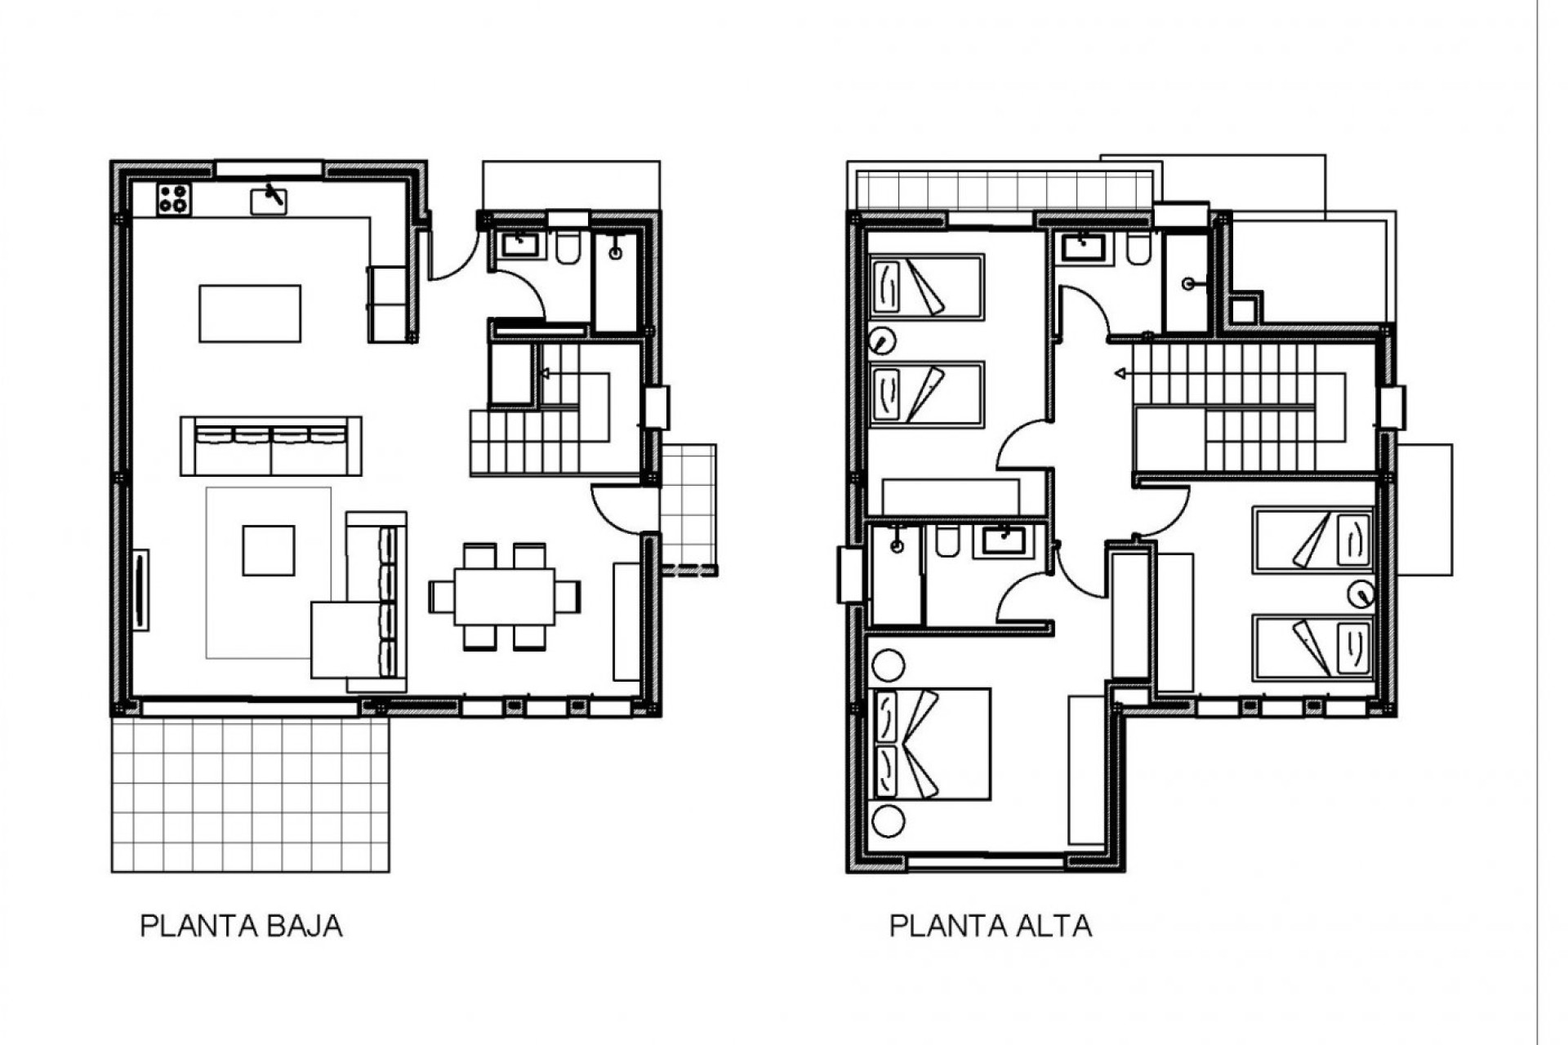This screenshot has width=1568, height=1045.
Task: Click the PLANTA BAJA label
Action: point(241,927)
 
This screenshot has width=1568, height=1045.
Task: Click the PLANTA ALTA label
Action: point(990,927)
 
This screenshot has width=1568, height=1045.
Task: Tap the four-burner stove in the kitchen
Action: point(173,199)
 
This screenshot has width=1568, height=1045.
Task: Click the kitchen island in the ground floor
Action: point(250,313)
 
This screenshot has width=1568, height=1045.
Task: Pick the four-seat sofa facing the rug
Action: point(271,445)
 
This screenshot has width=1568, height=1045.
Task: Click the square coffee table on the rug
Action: point(268,550)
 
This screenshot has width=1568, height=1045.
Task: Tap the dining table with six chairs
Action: point(505,597)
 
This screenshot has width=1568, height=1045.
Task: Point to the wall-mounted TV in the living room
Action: point(140,590)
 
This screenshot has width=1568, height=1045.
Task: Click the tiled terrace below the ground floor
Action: point(250,795)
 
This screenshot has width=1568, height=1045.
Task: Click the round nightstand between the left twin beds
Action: point(882,340)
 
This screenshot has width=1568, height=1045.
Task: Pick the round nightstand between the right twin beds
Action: point(1361,594)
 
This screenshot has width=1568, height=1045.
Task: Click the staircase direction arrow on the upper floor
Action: point(1120,374)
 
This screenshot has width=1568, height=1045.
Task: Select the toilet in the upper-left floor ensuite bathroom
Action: point(948,542)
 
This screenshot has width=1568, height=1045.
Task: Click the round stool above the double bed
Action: point(888,665)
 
